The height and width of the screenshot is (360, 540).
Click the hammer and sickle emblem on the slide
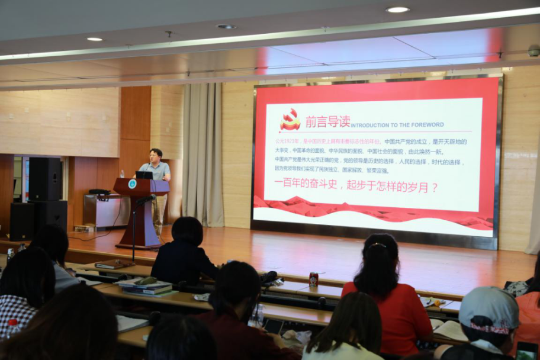click(x=290, y=120)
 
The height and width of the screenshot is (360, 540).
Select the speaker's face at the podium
click(x=156, y=157)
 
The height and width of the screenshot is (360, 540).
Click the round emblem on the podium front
click(x=131, y=184)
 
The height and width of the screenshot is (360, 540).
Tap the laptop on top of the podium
click(x=144, y=175)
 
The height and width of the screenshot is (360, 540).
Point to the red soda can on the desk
click(x=313, y=279)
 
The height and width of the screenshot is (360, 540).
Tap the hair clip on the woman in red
click(x=378, y=245)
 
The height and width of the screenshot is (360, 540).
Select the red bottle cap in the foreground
click(x=12, y=323)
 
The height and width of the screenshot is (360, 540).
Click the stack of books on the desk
click(x=146, y=288)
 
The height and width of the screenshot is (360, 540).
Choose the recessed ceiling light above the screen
click(x=397, y=9)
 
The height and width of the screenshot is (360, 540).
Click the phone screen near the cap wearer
click(x=525, y=351)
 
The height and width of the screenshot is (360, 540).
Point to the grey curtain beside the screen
click(x=202, y=154)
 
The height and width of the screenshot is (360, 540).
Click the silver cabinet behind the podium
click(x=101, y=210)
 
